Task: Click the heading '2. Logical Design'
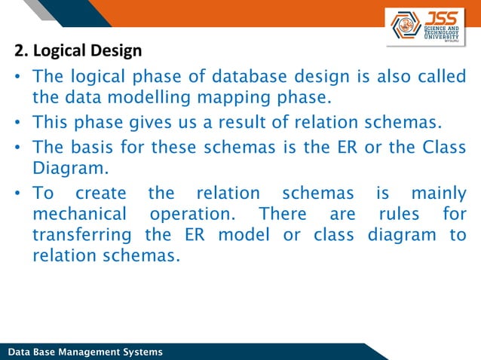click(78, 52)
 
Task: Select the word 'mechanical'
click(78, 214)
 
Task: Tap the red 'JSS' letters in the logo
click(442, 17)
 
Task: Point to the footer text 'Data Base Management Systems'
click(84, 352)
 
